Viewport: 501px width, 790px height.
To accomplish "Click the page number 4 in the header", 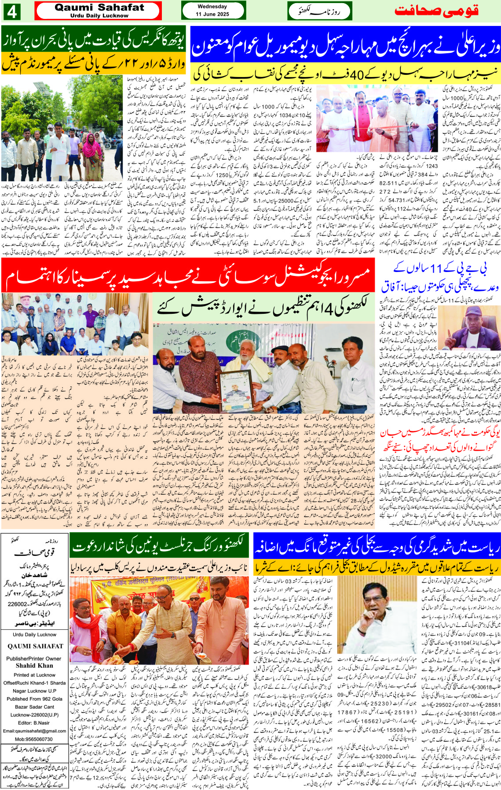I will point(11,11).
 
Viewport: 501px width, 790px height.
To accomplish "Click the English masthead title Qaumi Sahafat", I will point(99,7).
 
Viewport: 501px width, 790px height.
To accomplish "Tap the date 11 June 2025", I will point(212,14).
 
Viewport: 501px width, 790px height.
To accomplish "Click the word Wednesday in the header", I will point(212,7).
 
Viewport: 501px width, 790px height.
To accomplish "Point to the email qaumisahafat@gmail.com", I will point(34,731).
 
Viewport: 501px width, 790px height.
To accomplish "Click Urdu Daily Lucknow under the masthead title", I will point(99,16).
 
